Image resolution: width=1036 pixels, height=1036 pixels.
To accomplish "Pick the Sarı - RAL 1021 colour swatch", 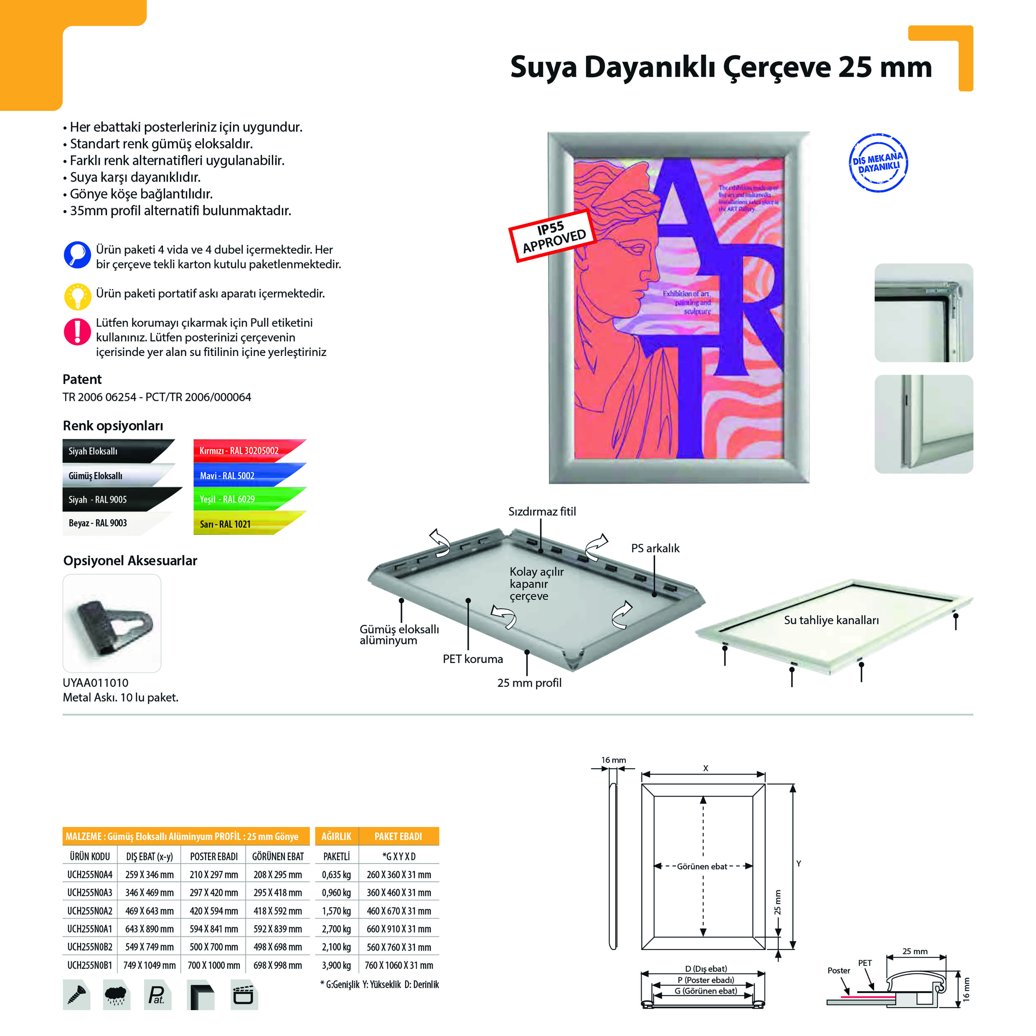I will pyautogui.click(x=241, y=524).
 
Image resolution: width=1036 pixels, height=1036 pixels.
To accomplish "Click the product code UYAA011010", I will pyautogui.click(x=95, y=683).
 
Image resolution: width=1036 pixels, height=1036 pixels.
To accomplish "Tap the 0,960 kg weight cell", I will pyautogui.click(x=336, y=893).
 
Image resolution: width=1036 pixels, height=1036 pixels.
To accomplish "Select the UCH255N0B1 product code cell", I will pyautogui.click(x=89, y=965).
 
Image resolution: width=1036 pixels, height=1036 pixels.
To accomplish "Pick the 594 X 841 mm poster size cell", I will pyautogui.click(x=213, y=929).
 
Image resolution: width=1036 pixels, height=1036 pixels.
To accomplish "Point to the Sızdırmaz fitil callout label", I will pyautogui.click(x=541, y=511).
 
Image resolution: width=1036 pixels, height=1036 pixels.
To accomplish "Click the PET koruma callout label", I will pyautogui.click(x=472, y=659).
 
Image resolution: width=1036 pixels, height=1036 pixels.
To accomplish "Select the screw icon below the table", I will pyautogui.click(x=76, y=995).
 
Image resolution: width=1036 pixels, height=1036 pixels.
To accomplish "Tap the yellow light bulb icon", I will pyautogui.click(x=77, y=296).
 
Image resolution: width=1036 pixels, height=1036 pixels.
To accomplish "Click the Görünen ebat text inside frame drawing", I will pyautogui.click(x=702, y=866).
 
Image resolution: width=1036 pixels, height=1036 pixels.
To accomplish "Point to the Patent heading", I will pyautogui.click(x=82, y=379).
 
